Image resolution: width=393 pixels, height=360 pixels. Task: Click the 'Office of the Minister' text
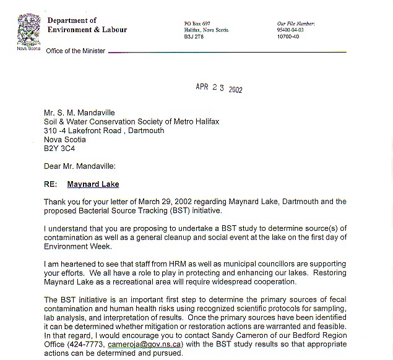tap(76, 51)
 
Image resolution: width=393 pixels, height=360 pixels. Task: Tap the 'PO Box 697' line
tap(197, 24)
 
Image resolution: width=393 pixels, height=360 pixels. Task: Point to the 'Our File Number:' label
tap(296, 24)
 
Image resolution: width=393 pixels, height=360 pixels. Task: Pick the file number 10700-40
tap(289, 36)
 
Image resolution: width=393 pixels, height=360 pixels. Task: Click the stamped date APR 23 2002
tap(219, 88)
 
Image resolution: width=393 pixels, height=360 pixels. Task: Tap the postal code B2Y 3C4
tap(59, 148)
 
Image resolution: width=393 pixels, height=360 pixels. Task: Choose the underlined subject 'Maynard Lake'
tap(93, 184)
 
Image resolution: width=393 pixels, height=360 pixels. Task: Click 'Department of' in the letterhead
tap(72, 20)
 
